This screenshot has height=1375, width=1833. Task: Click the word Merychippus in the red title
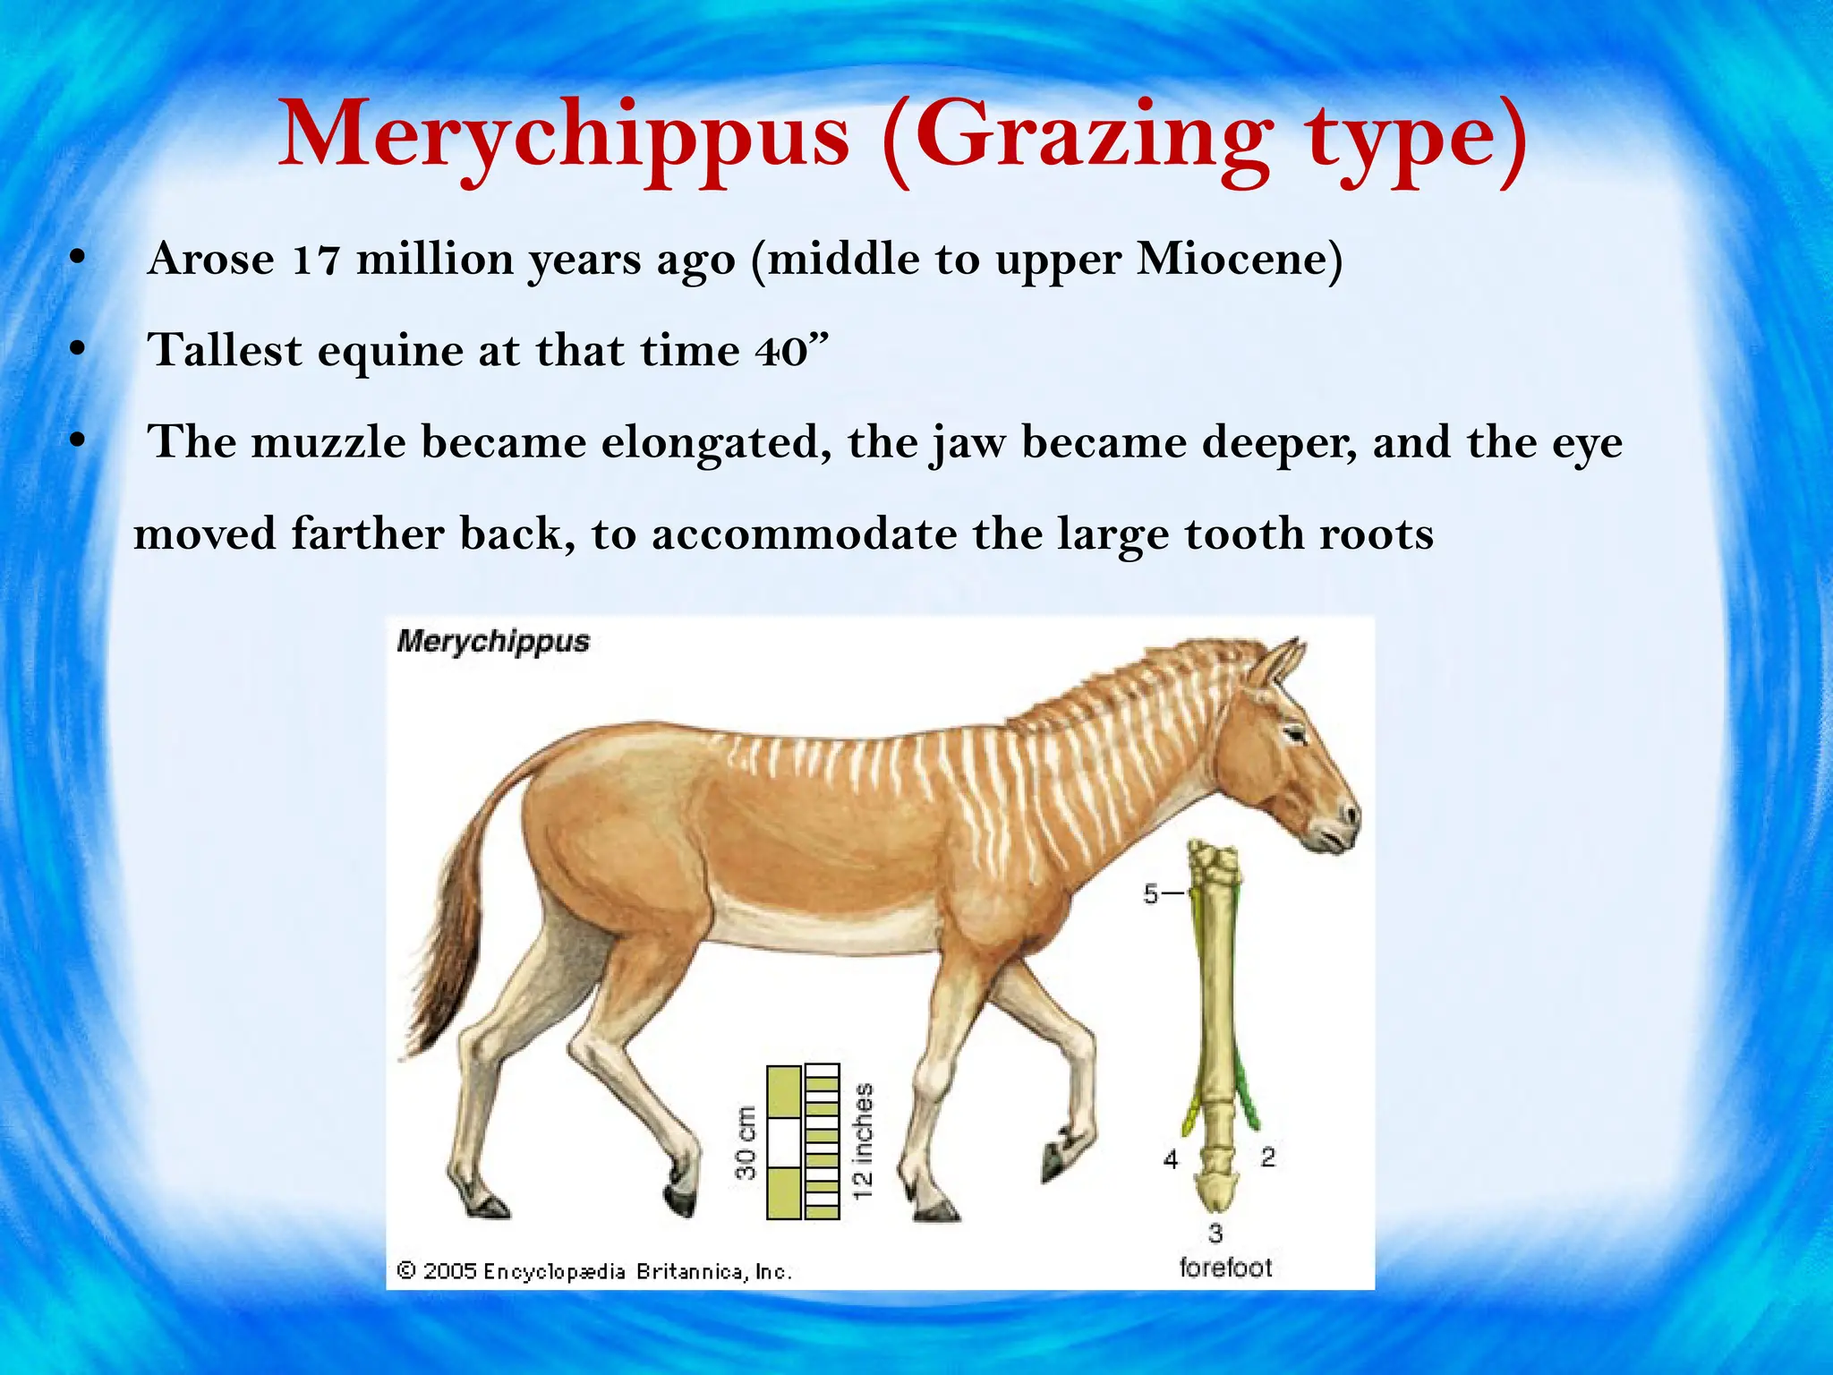point(564,136)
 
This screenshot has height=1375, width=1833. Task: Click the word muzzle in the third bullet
point(328,442)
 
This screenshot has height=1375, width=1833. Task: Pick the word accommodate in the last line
point(805,534)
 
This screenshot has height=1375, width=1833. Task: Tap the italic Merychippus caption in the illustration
point(493,641)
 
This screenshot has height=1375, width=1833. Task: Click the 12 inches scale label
point(862,1142)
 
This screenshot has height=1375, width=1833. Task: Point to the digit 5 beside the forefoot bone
point(1152,893)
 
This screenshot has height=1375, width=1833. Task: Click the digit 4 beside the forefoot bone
point(1171,1160)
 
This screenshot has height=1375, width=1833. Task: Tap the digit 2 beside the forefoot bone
point(1267,1157)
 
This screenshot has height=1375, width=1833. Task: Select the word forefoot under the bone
point(1225,1268)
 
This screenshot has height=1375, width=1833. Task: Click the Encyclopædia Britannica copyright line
point(594,1271)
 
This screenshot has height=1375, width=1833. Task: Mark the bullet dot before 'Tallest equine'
point(78,350)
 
